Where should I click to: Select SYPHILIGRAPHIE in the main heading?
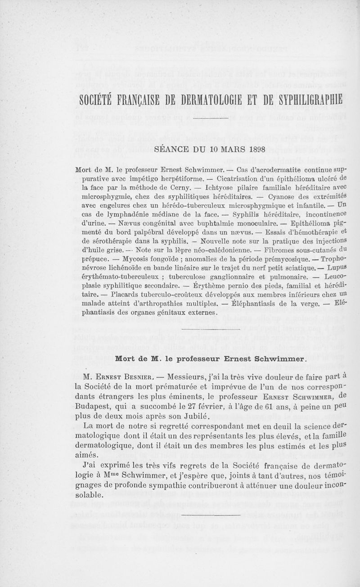305,99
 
